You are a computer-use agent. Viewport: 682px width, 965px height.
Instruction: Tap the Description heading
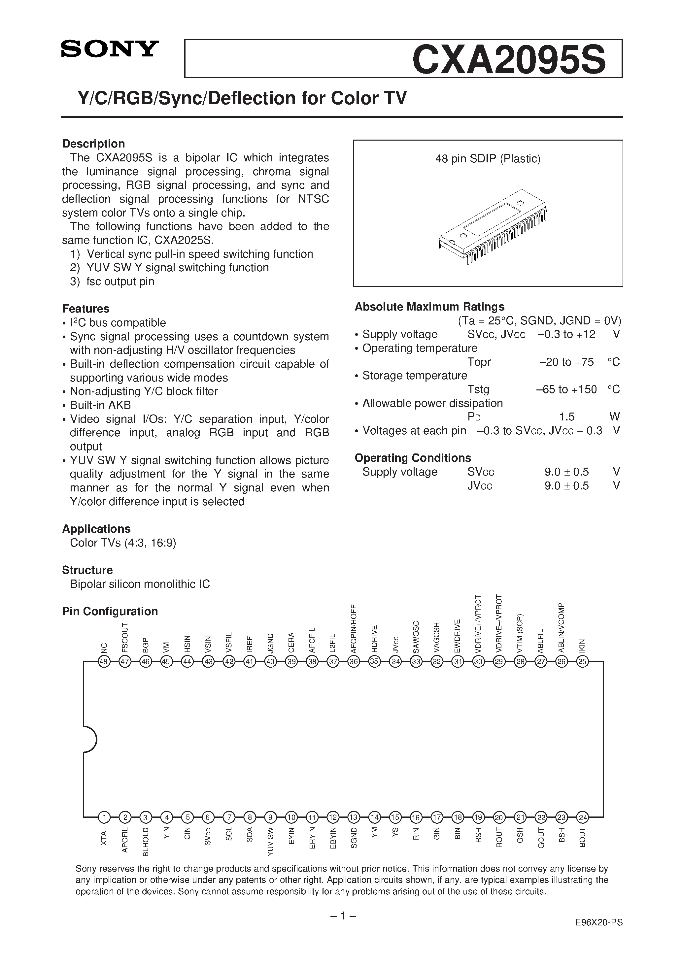(93, 144)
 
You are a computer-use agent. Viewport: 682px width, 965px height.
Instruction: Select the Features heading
(86, 309)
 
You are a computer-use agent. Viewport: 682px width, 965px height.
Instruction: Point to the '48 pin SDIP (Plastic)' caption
(488, 159)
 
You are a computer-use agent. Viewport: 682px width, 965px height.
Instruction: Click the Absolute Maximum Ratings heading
(429, 307)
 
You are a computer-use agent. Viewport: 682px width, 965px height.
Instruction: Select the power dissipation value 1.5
(566, 416)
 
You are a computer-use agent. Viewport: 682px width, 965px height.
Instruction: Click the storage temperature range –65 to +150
(566, 389)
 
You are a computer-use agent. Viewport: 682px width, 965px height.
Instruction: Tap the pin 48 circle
(104, 662)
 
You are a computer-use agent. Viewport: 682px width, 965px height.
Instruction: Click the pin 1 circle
(104, 817)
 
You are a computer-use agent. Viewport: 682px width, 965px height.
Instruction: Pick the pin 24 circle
(582, 817)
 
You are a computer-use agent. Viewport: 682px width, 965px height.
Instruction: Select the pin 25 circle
(582, 662)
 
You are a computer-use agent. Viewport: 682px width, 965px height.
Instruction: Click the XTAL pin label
(104, 836)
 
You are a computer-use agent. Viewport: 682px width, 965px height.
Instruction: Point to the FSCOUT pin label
(125, 637)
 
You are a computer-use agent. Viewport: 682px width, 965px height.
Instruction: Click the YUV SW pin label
(270, 842)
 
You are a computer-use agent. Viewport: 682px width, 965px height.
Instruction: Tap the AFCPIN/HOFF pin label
(354, 629)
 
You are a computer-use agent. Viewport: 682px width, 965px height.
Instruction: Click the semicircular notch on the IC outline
(90, 739)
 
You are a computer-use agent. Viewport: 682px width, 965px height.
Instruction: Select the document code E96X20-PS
(599, 946)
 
